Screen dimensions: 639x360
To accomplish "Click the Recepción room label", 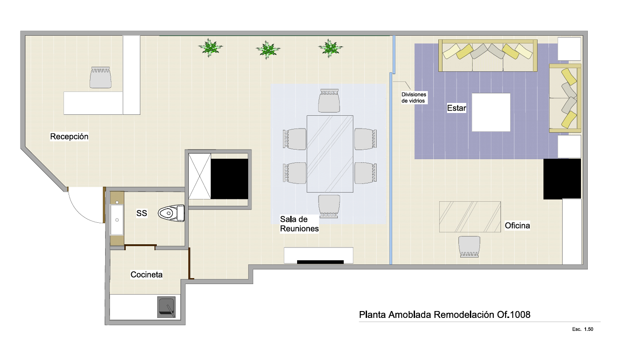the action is click(x=69, y=136).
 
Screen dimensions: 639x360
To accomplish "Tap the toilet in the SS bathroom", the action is click(x=171, y=213).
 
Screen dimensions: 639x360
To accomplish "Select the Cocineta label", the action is click(x=147, y=274).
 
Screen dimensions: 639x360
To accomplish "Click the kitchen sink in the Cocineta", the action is click(x=166, y=307).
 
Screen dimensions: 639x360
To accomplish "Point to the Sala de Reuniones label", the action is click(x=299, y=224).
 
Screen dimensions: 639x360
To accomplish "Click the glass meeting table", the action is click(x=330, y=154).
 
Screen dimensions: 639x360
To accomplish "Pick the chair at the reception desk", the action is click(x=101, y=77).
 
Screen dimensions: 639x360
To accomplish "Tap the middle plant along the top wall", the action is click(x=267, y=50).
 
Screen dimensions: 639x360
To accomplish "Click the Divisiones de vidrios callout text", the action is click(x=414, y=97).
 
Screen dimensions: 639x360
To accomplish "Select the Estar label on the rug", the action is click(x=457, y=108).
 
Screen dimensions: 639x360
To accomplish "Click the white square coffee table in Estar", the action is click(x=491, y=112).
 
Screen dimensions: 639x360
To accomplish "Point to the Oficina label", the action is click(x=517, y=226).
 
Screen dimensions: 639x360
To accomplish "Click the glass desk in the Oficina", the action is click(x=470, y=217).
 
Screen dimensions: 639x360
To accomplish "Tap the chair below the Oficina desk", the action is click(x=469, y=247).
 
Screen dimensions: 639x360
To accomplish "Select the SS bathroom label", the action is click(x=142, y=213).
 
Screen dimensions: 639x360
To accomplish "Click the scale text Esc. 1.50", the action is click(x=582, y=329).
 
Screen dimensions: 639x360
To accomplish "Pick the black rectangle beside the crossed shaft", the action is click(x=229, y=179).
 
